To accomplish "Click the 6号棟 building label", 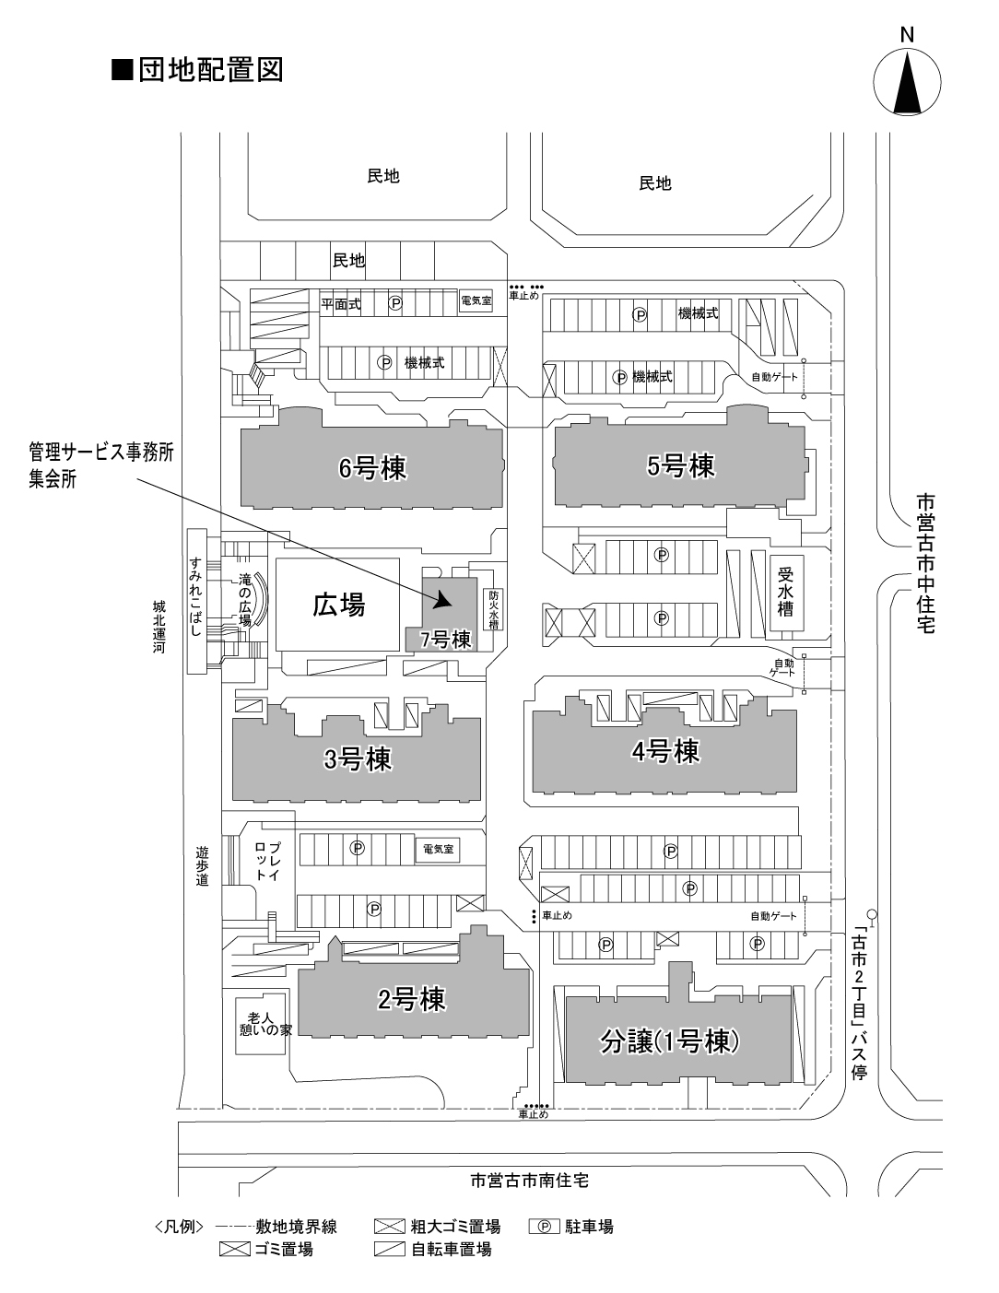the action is (x=372, y=468).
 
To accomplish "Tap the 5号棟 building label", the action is (x=681, y=466).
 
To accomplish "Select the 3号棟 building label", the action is (x=358, y=759).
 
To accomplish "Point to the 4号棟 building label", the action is (x=665, y=751).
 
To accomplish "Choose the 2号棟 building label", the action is (x=412, y=999).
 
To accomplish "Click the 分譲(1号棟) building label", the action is (x=669, y=1042).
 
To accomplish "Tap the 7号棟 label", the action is (x=446, y=640).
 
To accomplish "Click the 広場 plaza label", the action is (x=338, y=605).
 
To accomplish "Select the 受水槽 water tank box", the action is (x=786, y=594).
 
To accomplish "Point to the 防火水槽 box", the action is (x=493, y=610).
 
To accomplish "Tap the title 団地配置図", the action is (x=197, y=70).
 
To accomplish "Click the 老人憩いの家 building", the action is (x=260, y=1024).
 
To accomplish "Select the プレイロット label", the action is (x=268, y=861).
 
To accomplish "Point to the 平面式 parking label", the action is (x=341, y=304).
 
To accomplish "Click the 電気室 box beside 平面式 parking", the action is (x=476, y=300).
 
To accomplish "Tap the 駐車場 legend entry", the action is (x=571, y=1227).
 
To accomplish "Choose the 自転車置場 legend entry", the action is (x=433, y=1250).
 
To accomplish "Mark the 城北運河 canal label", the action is (x=159, y=627).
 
